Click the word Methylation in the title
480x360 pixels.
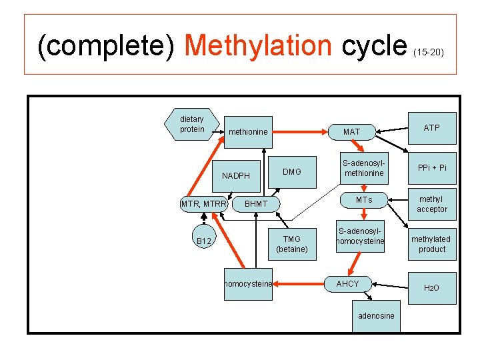click(x=258, y=45)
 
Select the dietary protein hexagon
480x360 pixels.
click(x=192, y=125)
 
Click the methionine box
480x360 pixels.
click(x=248, y=132)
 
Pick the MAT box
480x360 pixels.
click(x=351, y=132)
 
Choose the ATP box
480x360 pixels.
click(x=432, y=128)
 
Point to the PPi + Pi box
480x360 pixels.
click(x=432, y=168)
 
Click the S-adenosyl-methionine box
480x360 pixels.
click(x=363, y=168)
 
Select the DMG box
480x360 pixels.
click(x=292, y=172)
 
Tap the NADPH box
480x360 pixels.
click(x=236, y=176)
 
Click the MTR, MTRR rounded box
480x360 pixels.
click(x=204, y=203)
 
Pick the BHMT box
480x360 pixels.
click(x=256, y=203)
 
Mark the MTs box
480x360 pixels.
click(x=364, y=200)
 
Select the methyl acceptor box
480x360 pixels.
click(x=432, y=204)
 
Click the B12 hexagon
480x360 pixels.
click(x=204, y=241)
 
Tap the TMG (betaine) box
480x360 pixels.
click(x=292, y=244)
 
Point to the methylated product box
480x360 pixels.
click(x=431, y=244)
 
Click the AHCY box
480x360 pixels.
click(x=347, y=284)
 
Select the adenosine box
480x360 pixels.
click(x=376, y=315)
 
